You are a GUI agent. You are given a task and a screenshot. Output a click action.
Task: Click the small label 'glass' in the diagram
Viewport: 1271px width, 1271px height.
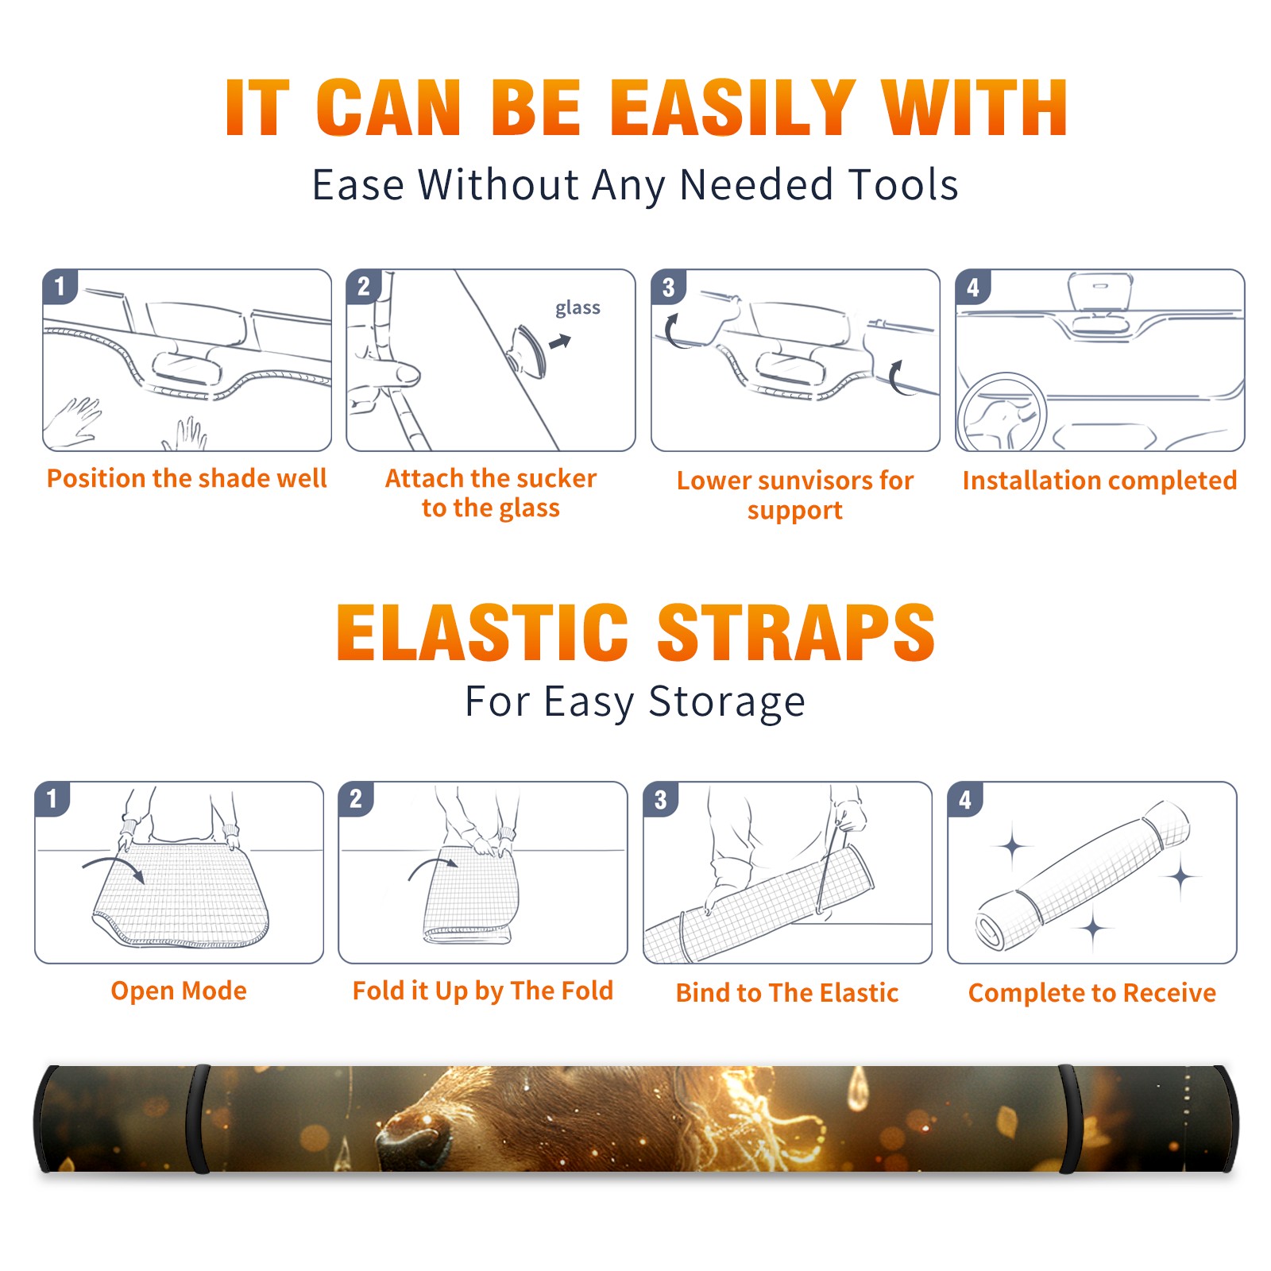[578, 308]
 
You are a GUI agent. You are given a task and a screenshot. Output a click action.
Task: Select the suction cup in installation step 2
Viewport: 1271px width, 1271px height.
[527, 350]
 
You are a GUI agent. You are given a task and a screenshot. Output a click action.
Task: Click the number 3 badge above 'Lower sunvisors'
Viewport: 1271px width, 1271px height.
[668, 287]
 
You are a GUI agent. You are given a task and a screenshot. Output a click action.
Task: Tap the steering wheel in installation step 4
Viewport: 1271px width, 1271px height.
[1001, 412]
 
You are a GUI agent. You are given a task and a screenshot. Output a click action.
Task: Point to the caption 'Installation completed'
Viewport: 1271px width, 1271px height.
[1099, 480]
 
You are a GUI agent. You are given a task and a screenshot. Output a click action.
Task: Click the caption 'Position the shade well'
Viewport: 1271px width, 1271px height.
[187, 478]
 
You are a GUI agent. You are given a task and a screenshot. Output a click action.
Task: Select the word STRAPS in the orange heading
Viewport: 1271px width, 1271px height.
[796, 632]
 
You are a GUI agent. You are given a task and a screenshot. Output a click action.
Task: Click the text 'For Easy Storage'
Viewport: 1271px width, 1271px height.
[635, 702]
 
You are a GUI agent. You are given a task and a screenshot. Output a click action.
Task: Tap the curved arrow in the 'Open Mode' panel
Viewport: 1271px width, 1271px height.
[113, 867]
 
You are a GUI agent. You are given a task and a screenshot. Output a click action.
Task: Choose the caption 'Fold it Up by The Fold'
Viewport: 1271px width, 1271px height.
[483, 991]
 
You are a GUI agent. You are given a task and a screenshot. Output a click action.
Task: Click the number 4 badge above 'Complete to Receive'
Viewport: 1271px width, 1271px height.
[965, 799]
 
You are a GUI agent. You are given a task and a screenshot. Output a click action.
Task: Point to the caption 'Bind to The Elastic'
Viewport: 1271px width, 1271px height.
[787, 993]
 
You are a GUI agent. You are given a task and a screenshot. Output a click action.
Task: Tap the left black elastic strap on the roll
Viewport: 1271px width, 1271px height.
[199, 1119]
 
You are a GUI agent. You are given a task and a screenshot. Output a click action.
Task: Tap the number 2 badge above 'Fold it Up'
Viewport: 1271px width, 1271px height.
[356, 799]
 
